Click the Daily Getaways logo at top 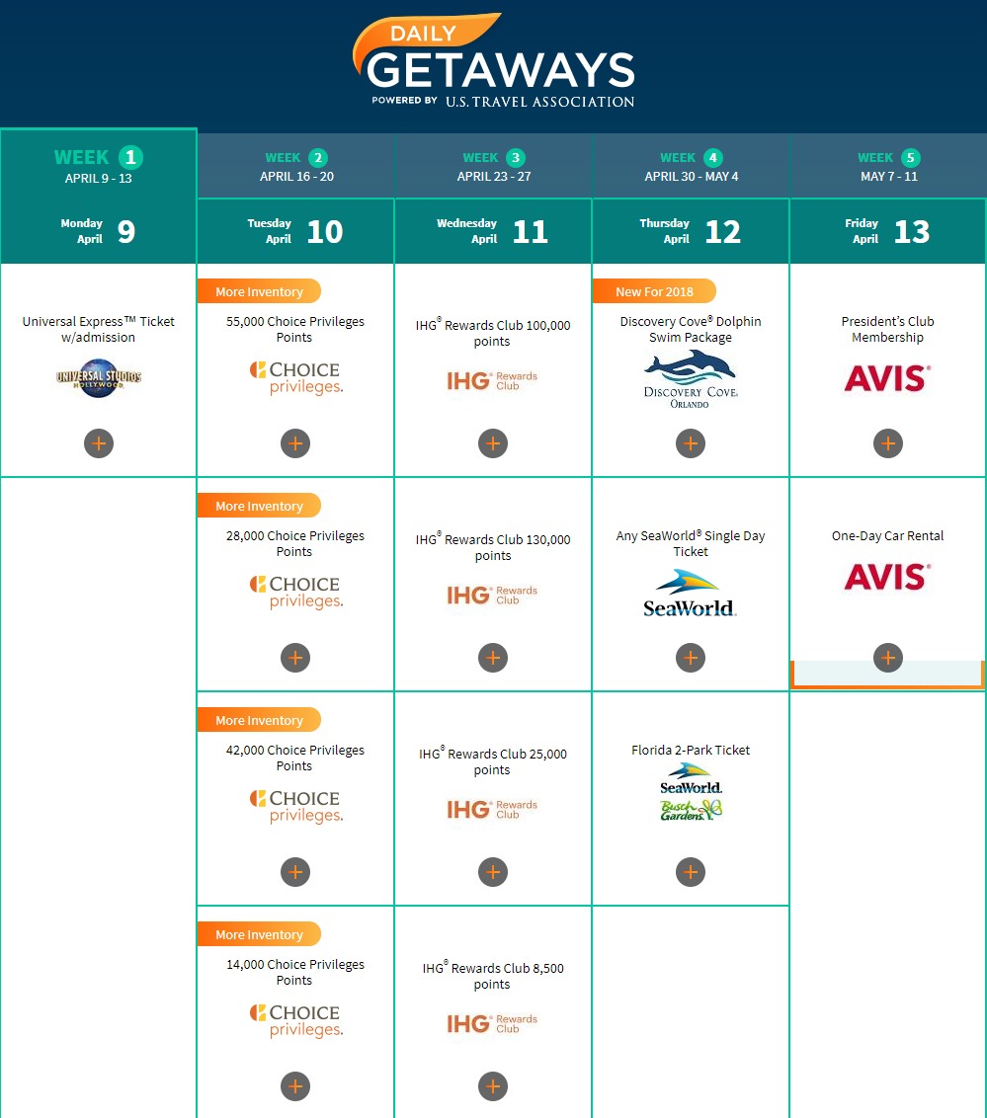click(x=494, y=60)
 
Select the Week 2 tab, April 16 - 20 click(x=296, y=166)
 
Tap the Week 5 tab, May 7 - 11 click(x=888, y=166)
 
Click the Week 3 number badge click(x=516, y=158)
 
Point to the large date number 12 click(x=722, y=232)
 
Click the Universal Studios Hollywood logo click(x=99, y=378)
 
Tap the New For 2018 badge click(x=654, y=291)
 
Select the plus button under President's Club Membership click(x=888, y=443)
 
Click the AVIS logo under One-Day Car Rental click(x=888, y=577)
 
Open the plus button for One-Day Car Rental click(x=888, y=658)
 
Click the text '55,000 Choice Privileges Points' click(x=295, y=330)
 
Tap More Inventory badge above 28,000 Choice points click(x=259, y=506)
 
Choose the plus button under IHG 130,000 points click(x=493, y=658)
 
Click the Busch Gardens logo click(x=691, y=810)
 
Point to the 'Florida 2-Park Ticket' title click(x=691, y=750)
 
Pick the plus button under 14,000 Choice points click(x=295, y=1086)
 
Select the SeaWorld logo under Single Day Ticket click(x=690, y=593)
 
